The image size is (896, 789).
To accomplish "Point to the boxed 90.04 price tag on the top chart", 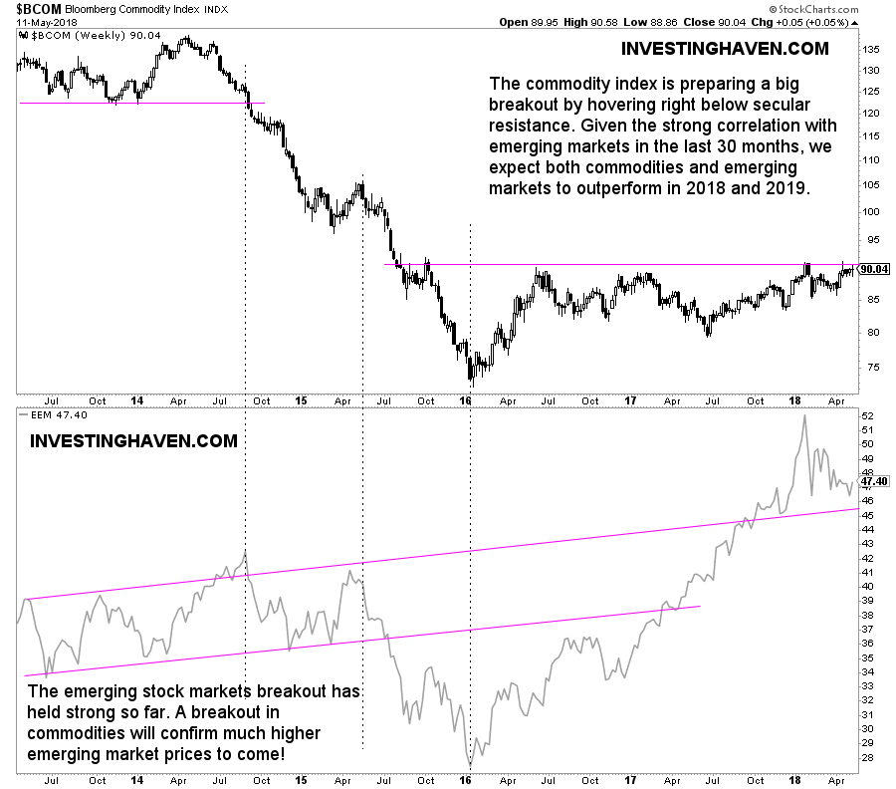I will pos(873,269).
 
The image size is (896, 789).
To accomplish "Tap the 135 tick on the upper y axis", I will pos(868,49).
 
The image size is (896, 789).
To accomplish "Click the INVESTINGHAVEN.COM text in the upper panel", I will pos(724,48).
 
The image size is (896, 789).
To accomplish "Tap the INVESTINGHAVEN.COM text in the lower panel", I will pos(134,440).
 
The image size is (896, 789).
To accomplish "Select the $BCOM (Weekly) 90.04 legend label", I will pos(81,35).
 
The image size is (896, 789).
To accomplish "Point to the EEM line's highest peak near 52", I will pos(803,416).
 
